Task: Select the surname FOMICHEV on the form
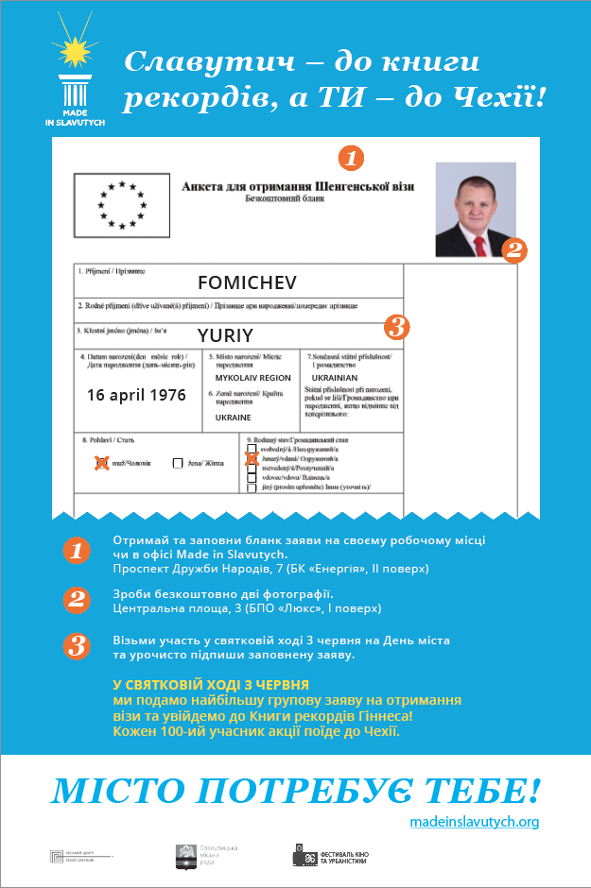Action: tap(247, 282)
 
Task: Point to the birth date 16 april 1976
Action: tap(137, 394)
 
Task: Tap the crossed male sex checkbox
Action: tap(102, 463)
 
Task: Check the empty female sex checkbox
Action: tap(178, 463)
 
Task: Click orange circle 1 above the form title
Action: tap(351, 157)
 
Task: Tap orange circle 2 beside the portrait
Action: tap(513, 250)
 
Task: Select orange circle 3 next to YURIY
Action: tap(397, 328)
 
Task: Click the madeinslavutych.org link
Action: tap(475, 822)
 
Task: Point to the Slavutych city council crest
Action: tap(186, 856)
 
